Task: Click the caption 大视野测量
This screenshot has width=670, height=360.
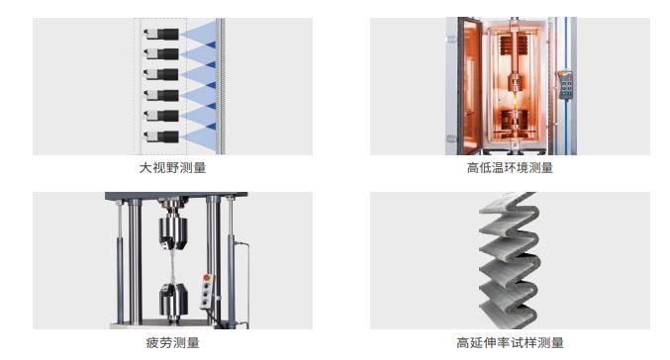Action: click(172, 168)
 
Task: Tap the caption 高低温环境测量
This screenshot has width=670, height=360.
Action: click(510, 168)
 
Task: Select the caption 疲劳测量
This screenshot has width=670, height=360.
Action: click(172, 343)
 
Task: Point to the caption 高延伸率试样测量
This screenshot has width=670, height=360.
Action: click(510, 343)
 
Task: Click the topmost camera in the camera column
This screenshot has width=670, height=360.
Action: click(163, 32)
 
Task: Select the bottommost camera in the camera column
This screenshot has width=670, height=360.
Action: click(163, 135)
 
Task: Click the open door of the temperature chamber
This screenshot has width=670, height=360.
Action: click(458, 85)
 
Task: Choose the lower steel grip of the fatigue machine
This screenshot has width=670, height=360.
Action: click(173, 301)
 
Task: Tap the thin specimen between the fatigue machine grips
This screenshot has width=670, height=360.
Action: click(173, 268)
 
